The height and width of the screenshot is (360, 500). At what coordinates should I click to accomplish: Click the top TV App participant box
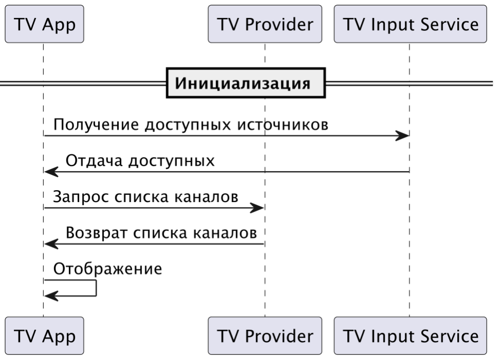tap(44, 24)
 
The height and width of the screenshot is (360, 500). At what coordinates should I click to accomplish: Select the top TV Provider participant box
tap(265, 24)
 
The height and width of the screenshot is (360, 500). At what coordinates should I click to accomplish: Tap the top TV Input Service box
tap(410, 24)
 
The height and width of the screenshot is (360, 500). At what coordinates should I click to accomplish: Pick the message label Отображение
tap(108, 269)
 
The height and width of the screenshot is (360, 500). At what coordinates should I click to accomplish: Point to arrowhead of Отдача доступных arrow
tap(50, 172)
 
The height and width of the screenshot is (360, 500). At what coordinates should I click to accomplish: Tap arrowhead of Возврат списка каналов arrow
tap(50, 244)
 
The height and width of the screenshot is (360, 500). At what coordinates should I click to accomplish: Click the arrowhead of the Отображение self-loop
tap(50, 296)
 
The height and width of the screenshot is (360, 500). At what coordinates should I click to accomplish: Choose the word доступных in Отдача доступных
tap(172, 161)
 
